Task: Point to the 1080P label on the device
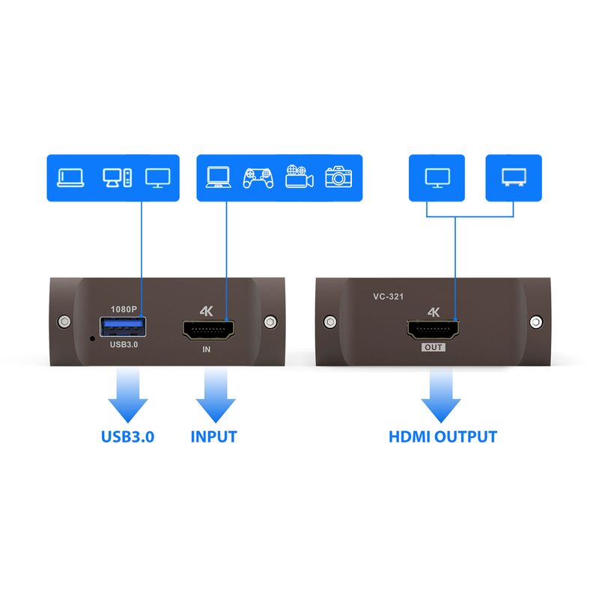[124, 308]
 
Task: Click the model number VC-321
[389, 297]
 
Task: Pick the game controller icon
[258, 177]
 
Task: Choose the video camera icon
[299, 177]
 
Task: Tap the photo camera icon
[338, 177]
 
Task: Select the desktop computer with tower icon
[118, 177]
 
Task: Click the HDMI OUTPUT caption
[443, 437]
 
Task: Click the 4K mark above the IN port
[208, 311]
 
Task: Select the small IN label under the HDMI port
[207, 349]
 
